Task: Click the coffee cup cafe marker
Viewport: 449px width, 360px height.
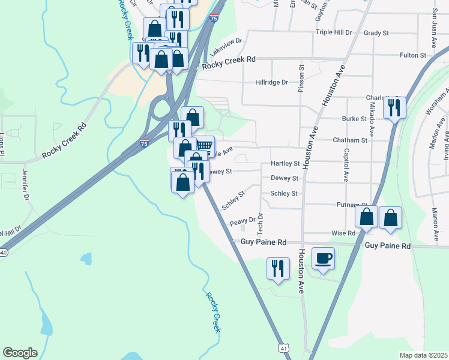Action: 323,259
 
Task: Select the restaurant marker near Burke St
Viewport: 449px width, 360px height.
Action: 394,108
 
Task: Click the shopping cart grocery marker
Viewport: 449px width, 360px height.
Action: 204,146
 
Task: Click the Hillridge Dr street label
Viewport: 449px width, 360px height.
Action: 272,82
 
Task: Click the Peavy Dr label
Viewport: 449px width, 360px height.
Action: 242,222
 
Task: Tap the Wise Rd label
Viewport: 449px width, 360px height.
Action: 343,233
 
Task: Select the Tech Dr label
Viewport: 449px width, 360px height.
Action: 261,224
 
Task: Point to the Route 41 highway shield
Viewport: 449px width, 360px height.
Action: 283,347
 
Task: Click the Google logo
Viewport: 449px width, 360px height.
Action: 20,353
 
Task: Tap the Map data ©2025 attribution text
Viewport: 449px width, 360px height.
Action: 423,355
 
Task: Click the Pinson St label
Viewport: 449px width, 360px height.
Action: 302,80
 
